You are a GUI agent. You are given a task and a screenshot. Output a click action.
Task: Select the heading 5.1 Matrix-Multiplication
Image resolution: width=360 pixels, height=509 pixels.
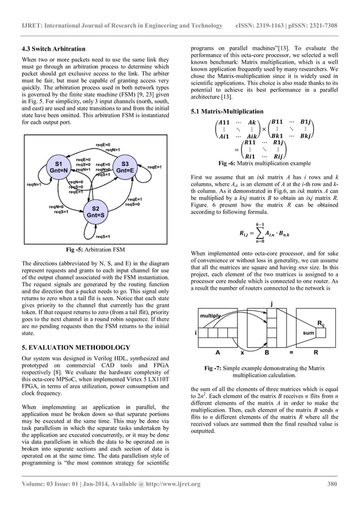pyautogui.click(x=227, y=111)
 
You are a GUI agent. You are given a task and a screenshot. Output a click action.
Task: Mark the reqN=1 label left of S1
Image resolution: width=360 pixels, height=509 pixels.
pyautogui.click(x=34, y=184)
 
